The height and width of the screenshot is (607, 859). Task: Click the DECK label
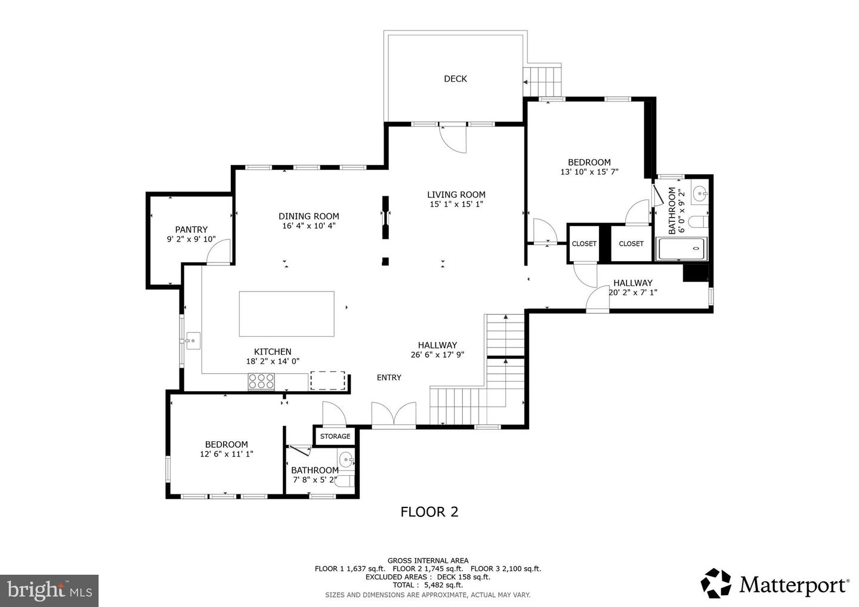click(455, 79)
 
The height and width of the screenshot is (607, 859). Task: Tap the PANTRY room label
click(191, 230)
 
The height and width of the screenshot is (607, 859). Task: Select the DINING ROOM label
click(308, 216)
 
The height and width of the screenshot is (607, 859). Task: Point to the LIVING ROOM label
click(456, 194)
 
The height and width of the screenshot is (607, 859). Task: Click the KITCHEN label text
click(273, 352)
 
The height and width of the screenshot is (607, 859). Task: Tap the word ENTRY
click(389, 377)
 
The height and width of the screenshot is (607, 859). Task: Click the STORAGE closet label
click(335, 436)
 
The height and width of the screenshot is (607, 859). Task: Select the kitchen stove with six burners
click(261, 382)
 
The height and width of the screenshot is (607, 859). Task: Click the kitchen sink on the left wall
click(193, 341)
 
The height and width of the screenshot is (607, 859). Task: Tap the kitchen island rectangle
click(286, 314)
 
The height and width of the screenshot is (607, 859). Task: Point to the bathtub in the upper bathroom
click(681, 249)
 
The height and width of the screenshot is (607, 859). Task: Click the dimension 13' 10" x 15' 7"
click(589, 172)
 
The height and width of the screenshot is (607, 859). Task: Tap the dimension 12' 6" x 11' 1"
click(226, 454)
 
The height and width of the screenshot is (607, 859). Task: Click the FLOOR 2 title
click(429, 512)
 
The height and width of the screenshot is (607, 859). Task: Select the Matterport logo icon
click(716, 583)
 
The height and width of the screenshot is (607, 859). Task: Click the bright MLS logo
click(49, 590)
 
